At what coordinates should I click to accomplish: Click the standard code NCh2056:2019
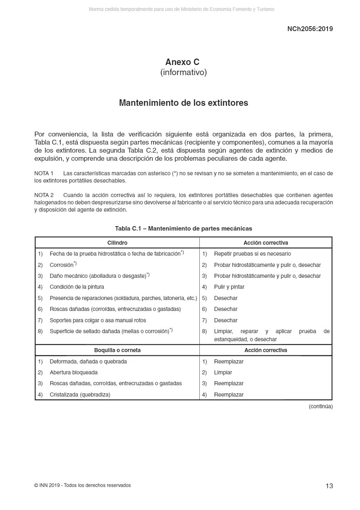point(310,29)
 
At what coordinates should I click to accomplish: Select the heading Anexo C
point(182,62)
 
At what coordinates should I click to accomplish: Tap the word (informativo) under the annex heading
point(184,73)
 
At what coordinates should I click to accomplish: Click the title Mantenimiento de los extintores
point(184,103)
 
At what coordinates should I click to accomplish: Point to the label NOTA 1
point(44,174)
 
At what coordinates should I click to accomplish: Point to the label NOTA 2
point(44,195)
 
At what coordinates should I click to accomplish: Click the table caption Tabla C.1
point(183,229)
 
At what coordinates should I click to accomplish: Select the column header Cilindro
point(117,243)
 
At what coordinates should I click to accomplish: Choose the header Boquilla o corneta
point(117,350)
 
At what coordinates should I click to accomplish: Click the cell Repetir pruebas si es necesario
point(252,254)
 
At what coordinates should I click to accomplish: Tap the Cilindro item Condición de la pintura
point(77,287)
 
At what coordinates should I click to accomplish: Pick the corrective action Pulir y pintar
point(229,287)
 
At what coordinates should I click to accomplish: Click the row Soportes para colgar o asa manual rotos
point(98,320)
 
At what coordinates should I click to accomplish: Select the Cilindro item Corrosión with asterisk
point(63,265)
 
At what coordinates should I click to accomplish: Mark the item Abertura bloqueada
point(73,372)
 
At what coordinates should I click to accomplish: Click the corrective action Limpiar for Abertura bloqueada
point(223,372)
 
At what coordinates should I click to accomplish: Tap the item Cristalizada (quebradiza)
point(80,395)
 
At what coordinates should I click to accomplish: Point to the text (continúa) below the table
point(320,407)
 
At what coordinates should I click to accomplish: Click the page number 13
point(329,486)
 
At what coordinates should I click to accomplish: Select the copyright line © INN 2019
point(82,485)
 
